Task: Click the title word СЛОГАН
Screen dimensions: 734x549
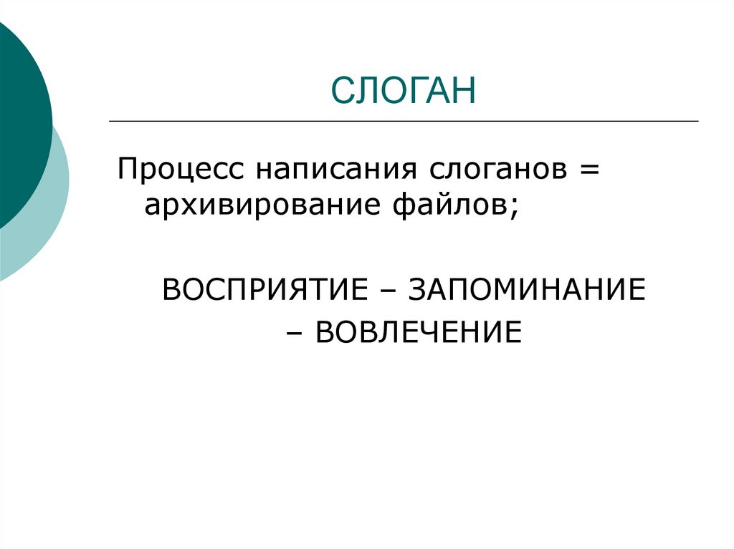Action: pos(404,89)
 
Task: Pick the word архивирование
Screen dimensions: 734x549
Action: pos(262,205)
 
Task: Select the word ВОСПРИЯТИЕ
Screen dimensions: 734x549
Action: pos(265,289)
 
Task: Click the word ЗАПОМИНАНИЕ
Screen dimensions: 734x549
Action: pos(527,289)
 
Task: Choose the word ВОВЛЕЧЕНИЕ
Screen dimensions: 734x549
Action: pos(419,332)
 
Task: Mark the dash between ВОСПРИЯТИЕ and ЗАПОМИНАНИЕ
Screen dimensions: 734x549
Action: pos(388,291)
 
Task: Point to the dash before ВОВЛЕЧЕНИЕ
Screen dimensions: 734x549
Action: pos(295,334)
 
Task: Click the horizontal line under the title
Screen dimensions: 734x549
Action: pos(404,121)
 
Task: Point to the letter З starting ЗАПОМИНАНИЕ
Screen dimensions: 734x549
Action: pos(417,289)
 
